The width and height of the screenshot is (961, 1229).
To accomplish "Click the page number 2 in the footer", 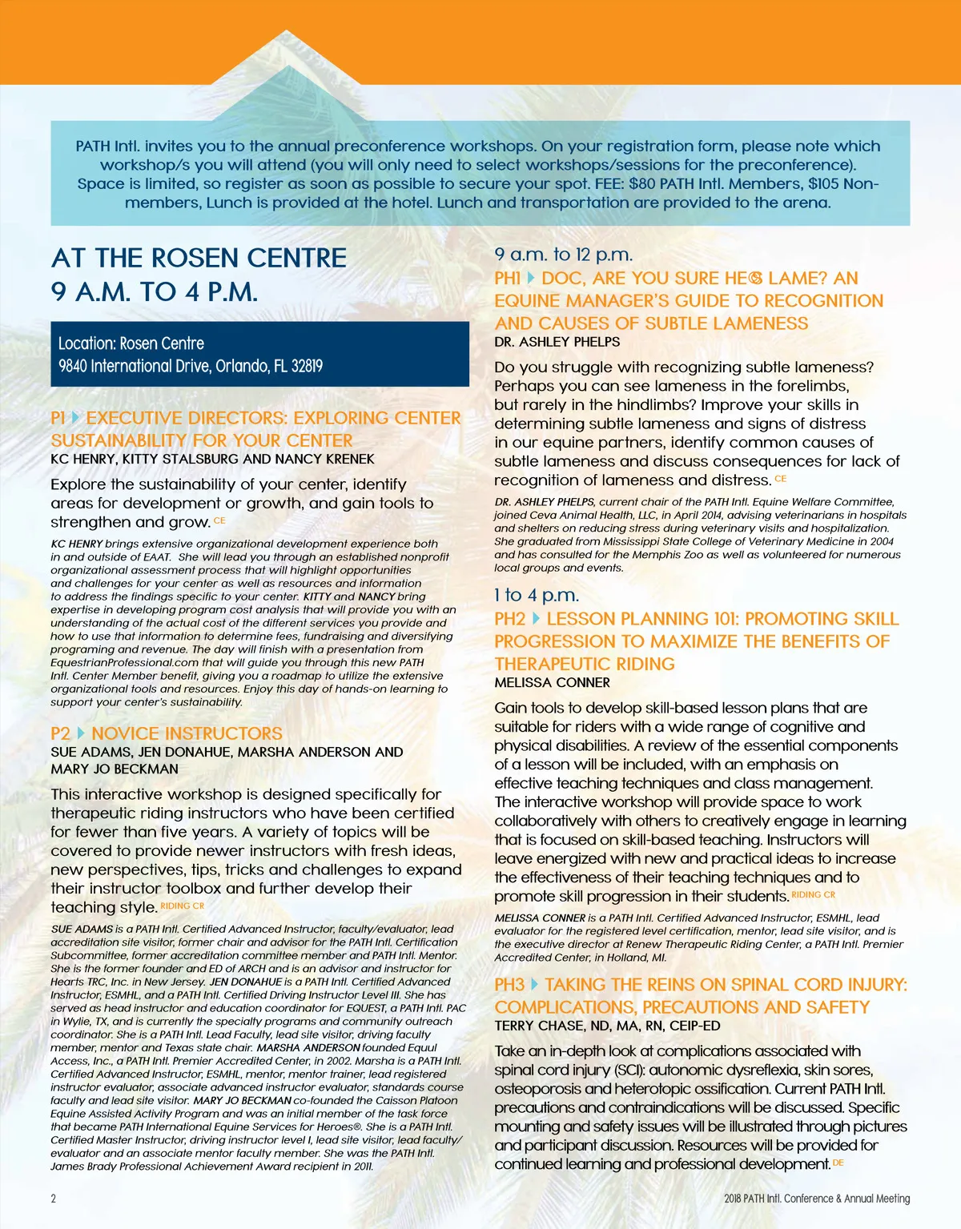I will click(x=54, y=1199).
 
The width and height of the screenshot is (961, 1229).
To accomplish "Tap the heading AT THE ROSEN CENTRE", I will click(x=199, y=258).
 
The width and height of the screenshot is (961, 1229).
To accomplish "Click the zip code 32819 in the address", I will click(x=307, y=366).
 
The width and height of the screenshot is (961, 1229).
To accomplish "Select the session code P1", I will click(x=58, y=418).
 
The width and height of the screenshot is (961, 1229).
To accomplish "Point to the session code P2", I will click(x=61, y=733).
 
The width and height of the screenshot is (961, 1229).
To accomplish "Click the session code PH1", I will click(x=507, y=279).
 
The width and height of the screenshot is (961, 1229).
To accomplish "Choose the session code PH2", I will click(x=510, y=619).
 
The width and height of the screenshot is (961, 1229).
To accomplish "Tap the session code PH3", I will click(x=509, y=985).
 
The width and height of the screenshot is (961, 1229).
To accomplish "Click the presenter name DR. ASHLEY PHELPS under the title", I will click(x=557, y=342).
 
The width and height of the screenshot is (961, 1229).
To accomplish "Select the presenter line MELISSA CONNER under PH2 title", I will click(x=553, y=683).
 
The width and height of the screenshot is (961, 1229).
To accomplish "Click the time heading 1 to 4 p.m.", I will click(x=537, y=595).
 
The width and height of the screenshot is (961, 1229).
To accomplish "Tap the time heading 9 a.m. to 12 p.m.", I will click(x=564, y=255).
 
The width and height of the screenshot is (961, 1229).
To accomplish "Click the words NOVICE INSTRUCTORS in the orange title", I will click(x=187, y=733).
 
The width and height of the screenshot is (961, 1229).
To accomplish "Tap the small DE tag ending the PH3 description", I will click(x=838, y=1163).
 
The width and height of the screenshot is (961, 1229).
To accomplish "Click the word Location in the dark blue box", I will click(x=86, y=343).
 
